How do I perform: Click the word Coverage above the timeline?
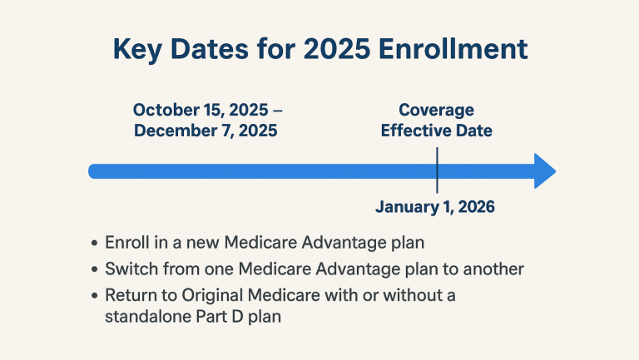pos(436,110)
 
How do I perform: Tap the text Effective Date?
pos(436,131)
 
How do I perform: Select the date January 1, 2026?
pos(435,207)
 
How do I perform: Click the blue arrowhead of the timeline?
pos(543,171)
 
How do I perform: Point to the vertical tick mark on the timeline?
pos(437,170)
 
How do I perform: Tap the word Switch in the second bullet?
pos(129,269)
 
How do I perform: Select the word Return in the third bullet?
pos(130,295)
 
